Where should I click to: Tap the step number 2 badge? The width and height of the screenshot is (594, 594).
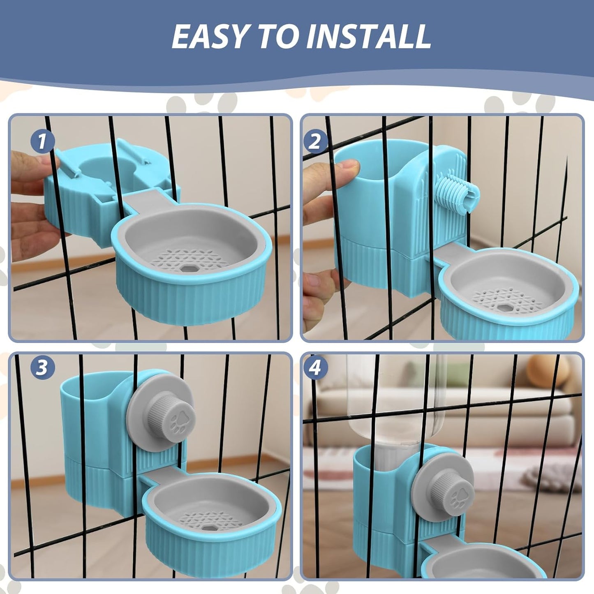(315, 141)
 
